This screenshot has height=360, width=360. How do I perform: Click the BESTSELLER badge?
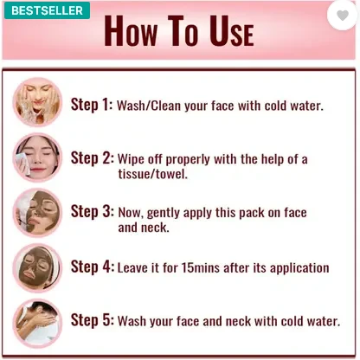pos(47,10)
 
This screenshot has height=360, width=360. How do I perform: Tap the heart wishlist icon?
pos(343,16)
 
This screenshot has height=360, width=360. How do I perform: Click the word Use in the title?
pos(232,31)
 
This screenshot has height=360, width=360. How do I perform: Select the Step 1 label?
pos(92,105)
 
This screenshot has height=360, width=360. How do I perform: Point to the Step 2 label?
pos(93,158)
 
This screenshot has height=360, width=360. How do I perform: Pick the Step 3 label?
pos(93,211)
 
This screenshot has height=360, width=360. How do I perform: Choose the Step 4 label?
pos(93,267)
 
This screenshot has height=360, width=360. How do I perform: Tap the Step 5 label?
pos(93,320)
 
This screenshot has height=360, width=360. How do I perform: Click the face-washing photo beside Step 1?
pos(37,102)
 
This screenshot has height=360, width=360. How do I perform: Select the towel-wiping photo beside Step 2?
pos(37,157)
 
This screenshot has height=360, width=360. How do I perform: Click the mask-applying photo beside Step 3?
pos(37,213)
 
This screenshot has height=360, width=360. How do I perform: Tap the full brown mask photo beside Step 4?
pos(37,268)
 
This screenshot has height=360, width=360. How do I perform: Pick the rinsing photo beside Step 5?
pos(37,323)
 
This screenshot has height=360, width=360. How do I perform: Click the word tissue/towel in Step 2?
pos(152,174)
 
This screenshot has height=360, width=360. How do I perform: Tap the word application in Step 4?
pos(299,268)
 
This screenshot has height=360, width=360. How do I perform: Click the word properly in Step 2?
pos(188,160)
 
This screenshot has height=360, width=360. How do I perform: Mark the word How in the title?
pos(131,31)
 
